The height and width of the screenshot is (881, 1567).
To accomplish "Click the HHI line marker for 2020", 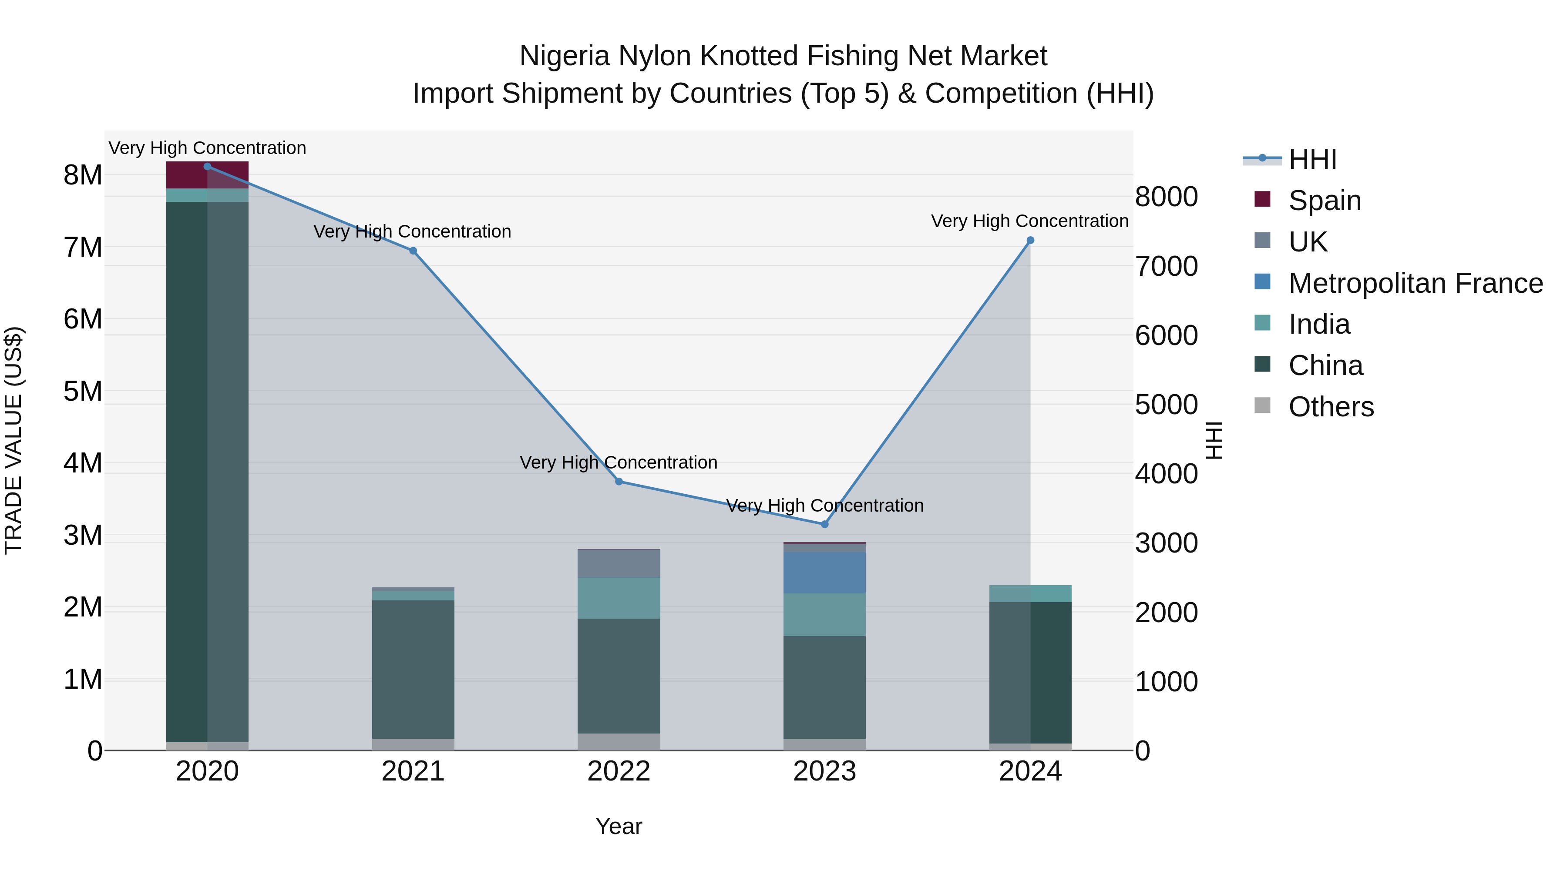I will click(208, 166).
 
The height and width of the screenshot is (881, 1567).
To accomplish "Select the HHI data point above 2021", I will click(413, 251).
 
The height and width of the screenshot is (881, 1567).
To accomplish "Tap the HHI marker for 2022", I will click(619, 482).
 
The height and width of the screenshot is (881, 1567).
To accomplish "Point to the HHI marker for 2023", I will click(825, 524).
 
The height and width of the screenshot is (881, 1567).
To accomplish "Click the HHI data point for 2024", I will click(1030, 240).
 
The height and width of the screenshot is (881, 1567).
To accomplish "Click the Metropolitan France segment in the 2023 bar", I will click(824, 573).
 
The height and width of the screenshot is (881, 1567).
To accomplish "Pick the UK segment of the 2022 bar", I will click(619, 563).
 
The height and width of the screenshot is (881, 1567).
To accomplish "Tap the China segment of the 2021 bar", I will click(413, 669).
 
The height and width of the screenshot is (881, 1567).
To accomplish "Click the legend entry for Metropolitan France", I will click(1415, 283).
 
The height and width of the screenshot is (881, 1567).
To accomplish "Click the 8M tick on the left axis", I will click(83, 175).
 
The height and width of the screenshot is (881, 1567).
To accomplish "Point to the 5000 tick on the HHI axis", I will click(1166, 405).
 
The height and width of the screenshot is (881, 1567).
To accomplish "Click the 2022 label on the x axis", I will click(619, 771).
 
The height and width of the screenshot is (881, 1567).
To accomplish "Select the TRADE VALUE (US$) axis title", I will click(13, 440).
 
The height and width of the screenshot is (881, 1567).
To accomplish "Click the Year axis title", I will click(619, 826).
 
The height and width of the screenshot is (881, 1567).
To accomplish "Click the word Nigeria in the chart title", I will click(564, 56).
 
